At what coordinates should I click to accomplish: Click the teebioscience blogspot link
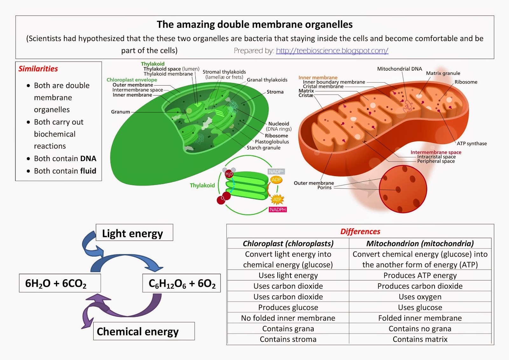click(332, 51)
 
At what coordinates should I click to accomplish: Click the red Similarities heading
click(38, 69)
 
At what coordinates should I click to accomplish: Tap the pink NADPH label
click(278, 209)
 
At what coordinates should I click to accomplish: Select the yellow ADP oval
click(276, 180)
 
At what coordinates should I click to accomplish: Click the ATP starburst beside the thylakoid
click(277, 200)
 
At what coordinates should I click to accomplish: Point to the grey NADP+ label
click(276, 172)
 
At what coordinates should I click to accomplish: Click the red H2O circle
click(229, 174)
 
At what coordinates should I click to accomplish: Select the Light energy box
click(134, 232)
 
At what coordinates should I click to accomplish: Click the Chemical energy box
click(144, 331)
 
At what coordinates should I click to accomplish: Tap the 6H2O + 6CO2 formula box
click(60, 283)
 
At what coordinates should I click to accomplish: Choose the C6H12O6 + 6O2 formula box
click(182, 283)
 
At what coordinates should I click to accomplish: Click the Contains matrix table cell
click(420, 339)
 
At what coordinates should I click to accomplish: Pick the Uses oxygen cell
click(420, 297)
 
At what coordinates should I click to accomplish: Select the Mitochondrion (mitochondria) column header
click(420, 243)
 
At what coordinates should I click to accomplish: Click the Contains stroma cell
click(288, 339)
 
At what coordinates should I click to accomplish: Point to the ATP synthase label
click(472, 144)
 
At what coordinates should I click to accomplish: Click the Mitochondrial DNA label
click(400, 69)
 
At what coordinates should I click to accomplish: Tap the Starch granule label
click(264, 148)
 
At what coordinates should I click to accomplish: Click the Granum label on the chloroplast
click(121, 112)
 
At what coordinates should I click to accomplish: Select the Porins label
click(324, 187)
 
